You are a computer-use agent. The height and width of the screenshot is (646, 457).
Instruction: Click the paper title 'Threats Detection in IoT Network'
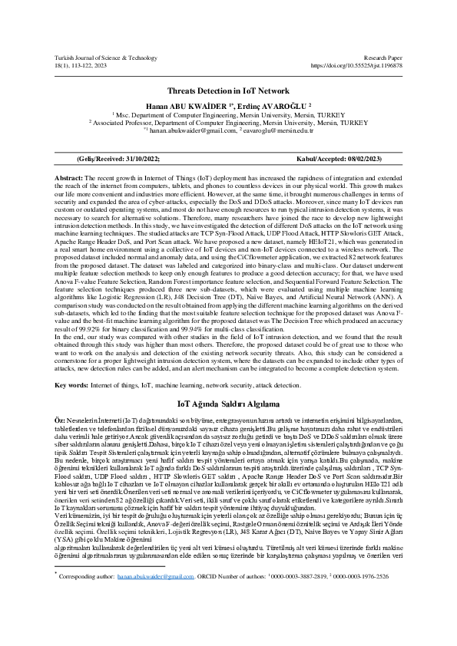coord(228,90)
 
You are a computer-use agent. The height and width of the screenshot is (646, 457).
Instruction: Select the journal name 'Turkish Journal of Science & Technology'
coord(105,58)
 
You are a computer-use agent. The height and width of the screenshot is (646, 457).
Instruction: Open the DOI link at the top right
coord(356,66)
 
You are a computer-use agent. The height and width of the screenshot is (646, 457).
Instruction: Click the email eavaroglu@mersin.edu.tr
coord(273,130)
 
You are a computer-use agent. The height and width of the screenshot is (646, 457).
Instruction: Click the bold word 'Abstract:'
coord(68,177)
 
